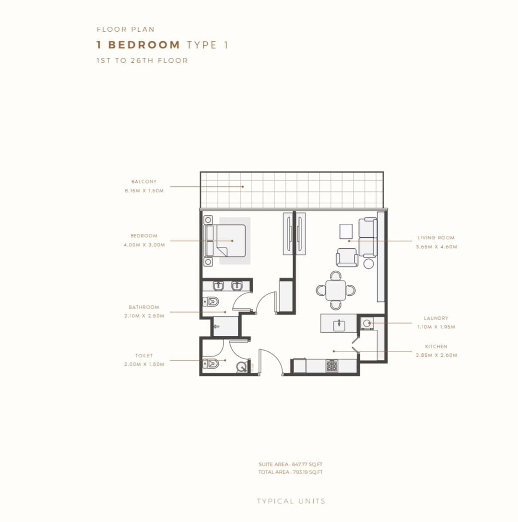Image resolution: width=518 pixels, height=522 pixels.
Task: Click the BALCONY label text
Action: pyautogui.click(x=143, y=182)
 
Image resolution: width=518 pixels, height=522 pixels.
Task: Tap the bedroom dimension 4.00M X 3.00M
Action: pyautogui.click(x=144, y=245)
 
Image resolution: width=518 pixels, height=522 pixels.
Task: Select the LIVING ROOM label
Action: pyautogui.click(x=436, y=238)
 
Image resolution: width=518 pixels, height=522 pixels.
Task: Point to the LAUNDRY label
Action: pyautogui.click(x=436, y=318)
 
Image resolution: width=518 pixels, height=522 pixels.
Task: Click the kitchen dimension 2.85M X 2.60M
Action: pyautogui.click(x=436, y=355)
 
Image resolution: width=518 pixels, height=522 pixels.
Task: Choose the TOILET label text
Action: pyautogui.click(x=144, y=356)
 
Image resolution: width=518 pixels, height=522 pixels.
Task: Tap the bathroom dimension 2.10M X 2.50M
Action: pyautogui.click(x=144, y=316)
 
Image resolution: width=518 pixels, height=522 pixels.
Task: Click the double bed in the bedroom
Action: pyautogui.click(x=225, y=241)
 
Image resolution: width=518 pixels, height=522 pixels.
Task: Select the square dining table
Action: pyautogui.click(x=336, y=290)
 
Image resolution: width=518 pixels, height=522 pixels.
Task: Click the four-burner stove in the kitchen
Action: pyautogui.click(x=332, y=366)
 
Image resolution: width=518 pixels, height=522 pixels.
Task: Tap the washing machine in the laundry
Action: pyautogui.click(x=367, y=323)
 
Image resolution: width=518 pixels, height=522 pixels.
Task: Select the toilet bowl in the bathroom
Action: pyautogui.click(x=211, y=302)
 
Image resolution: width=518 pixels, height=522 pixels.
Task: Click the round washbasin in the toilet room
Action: pyautogui.click(x=242, y=367)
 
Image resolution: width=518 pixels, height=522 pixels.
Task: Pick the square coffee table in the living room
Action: pyautogui.click(x=346, y=232)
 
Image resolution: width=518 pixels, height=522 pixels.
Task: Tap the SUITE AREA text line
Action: pyautogui.click(x=291, y=464)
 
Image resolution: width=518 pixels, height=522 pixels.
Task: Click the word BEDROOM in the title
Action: pyautogui.click(x=144, y=45)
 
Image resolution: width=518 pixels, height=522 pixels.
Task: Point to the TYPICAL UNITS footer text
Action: pyautogui.click(x=291, y=501)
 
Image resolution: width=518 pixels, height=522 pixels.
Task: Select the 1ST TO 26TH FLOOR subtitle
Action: pyautogui.click(x=142, y=60)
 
